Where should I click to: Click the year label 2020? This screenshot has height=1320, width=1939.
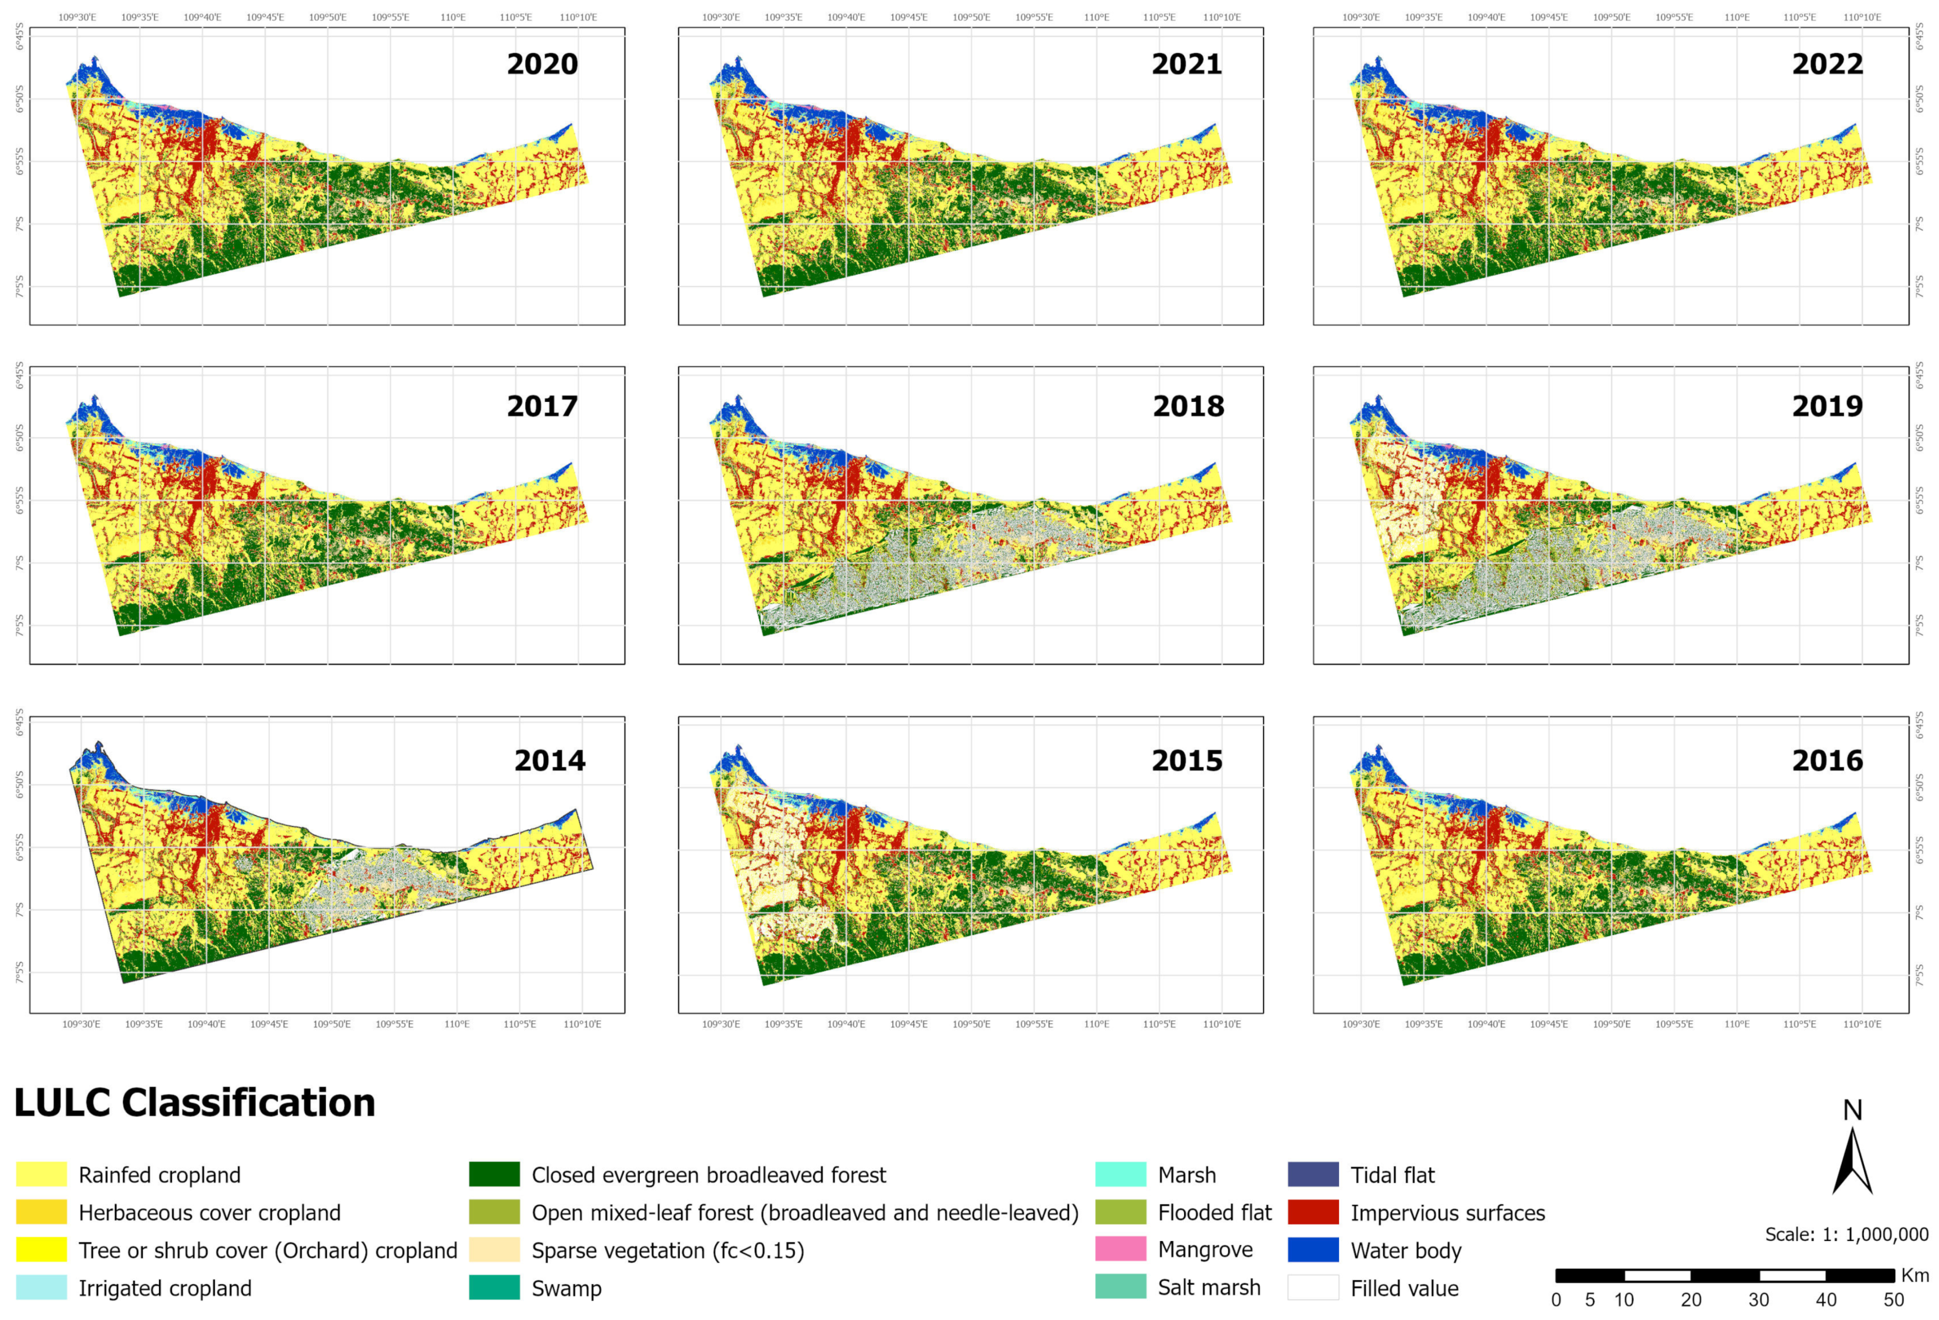[x=543, y=64]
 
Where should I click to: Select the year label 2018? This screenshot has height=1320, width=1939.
[x=1188, y=406]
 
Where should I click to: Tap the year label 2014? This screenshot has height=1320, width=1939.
[x=550, y=760]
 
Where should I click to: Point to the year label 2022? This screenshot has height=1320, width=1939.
[x=1827, y=64]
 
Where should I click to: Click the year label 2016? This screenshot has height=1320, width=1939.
[x=1827, y=760]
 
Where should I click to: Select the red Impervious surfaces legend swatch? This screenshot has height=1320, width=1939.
[x=1313, y=1212]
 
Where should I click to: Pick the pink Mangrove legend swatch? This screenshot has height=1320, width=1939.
[x=1120, y=1249]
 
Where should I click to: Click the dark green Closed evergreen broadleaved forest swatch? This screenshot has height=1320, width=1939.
[x=494, y=1174]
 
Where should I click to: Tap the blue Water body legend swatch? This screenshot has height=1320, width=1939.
[x=1313, y=1249]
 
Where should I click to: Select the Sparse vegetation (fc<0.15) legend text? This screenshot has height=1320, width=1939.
[x=668, y=1250]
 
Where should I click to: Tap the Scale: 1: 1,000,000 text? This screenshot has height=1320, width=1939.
[x=1845, y=1234]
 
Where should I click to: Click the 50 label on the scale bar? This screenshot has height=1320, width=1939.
[x=1893, y=1299]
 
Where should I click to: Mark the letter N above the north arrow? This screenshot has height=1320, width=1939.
[x=1852, y=1110]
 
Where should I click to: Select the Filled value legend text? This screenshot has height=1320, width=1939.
[x=1404, y=1288]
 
